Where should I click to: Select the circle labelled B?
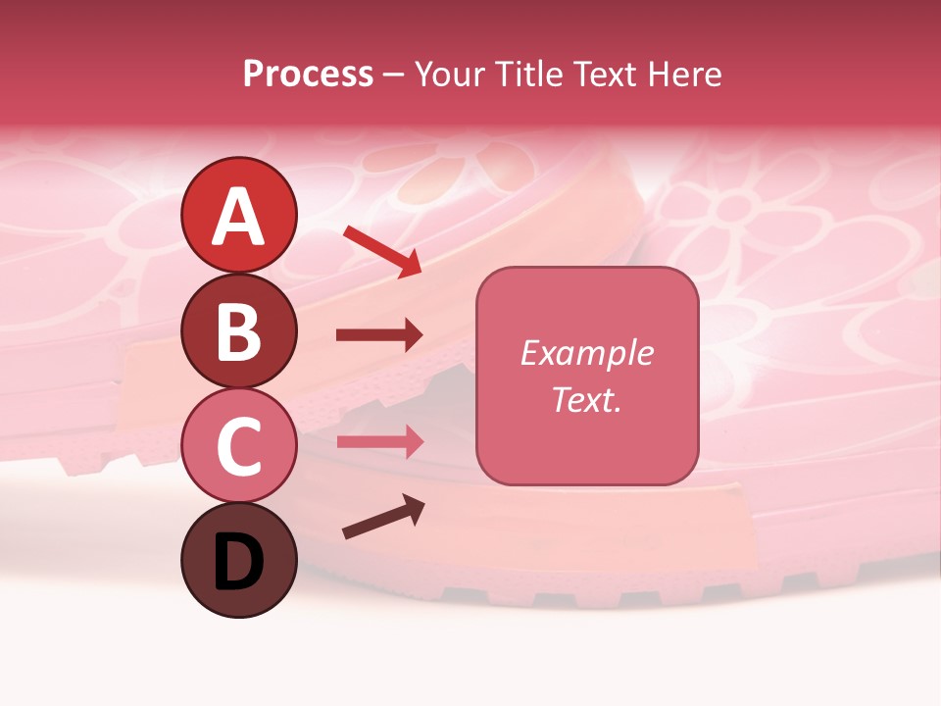click(x=238, y=331)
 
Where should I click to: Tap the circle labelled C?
click(x=238, y=445)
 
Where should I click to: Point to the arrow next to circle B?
click(x=379, y=335)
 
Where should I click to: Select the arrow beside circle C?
click(x=379, y=441)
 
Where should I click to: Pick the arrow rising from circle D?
click(x=383, y=517)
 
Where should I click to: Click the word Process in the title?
click(x=308, y=75)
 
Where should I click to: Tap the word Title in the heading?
click(x=527, y=75)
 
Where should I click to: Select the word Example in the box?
click(x=586, y=353)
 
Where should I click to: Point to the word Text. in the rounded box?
click(x=586, y=399)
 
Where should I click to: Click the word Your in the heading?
click(x=448, y=75)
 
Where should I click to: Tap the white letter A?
click(x=238, y=216)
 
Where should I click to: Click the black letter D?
click(x=238, y=562)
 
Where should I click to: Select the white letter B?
click(x=238, y=331)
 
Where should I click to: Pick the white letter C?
click(x=238, y=445)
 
